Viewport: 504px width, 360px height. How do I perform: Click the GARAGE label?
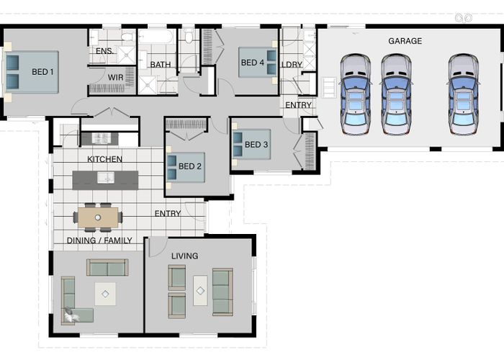pyautogui.click(x=405, y=41)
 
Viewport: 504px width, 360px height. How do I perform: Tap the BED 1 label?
pyautogui.click(x=42, y=72)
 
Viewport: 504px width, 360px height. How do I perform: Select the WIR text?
pyautogui.click(x=115, y=78)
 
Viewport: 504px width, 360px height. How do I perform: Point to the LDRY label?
pyautogui.click(x=292, y=65)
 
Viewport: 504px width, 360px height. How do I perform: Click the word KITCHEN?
pyautogui.click(x=105, y=159)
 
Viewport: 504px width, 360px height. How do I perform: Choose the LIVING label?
pyautogui.click(x=184, y=256)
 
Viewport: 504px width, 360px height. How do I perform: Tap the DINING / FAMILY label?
pyautogui.click(x=99, y=240)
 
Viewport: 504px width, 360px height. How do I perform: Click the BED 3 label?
pyautogui.click(x=256, y=145)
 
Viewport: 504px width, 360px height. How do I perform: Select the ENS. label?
pyautogui.click(x=104, y=51)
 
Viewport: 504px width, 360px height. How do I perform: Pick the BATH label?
pyautogui.click(x=161, y=65)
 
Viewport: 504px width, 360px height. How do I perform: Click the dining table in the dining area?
pyautogui.click(x=98, y=217)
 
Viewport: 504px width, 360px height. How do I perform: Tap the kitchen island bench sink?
pyautogui.click(x=106, y=178)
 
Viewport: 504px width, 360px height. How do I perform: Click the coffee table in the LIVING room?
pyautogui.click(x=200, y=291)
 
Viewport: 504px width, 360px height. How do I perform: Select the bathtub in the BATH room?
pyautogui.click(x=156, y=36)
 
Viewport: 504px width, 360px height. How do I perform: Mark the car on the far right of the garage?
pyautogui.click(x=463, y=94)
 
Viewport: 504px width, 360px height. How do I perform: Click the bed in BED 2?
pyautogui.click(x=185, y=168)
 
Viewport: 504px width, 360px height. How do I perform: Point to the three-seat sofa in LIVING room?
pyautogui.click(x=222, y=292)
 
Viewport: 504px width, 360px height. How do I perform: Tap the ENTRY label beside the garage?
pyautogui.click(x=298, y=105)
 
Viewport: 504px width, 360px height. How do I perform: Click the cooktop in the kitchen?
pyautogui.click(x=102, y=138)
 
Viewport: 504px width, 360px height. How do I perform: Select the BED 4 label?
pyautogui.click(x=252, y=63)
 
